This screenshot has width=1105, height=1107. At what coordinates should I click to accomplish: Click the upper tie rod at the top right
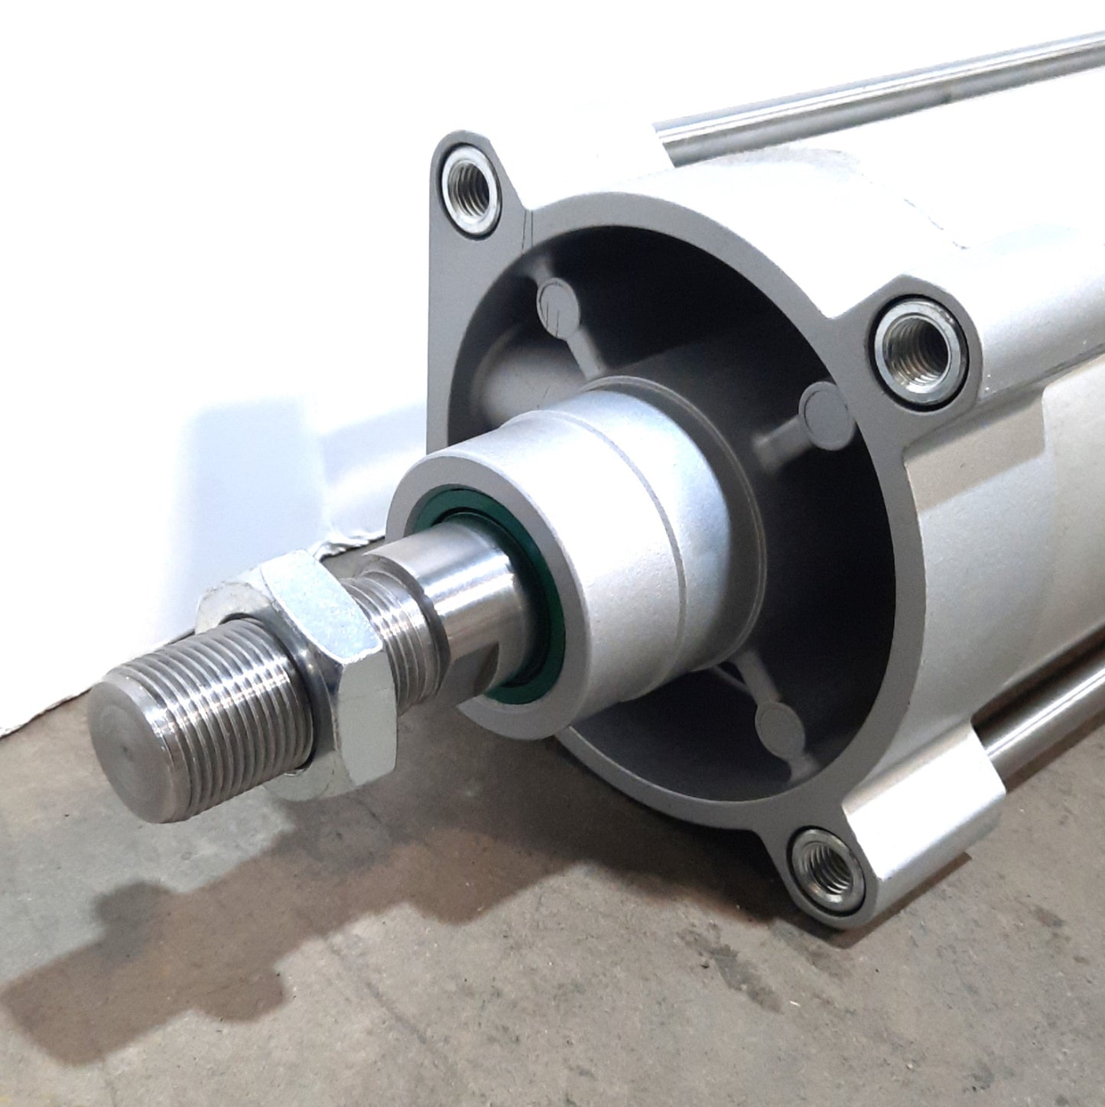(x=879, y=92)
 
